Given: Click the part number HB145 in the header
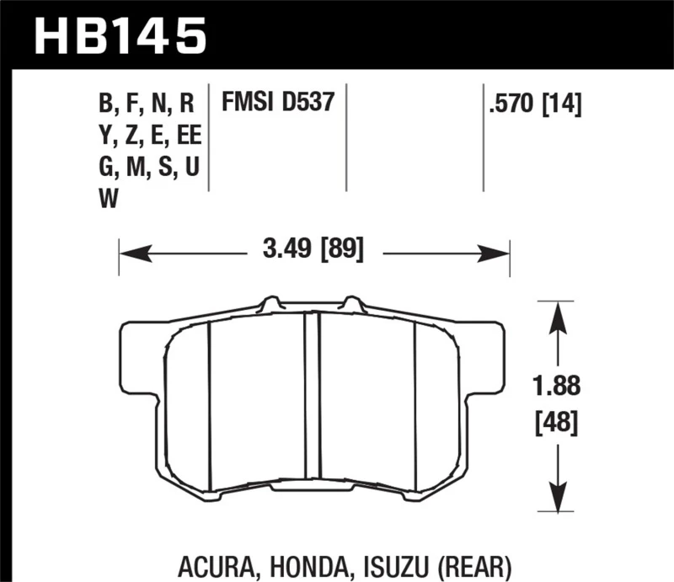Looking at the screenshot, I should coord(119,35).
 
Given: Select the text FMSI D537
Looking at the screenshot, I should coord(278,103).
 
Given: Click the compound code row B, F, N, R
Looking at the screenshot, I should coord(147,104).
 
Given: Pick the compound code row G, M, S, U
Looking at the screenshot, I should coord(148,168).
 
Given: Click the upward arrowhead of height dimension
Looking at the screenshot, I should coord(555,314).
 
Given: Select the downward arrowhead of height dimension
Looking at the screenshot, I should coord(555,497).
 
